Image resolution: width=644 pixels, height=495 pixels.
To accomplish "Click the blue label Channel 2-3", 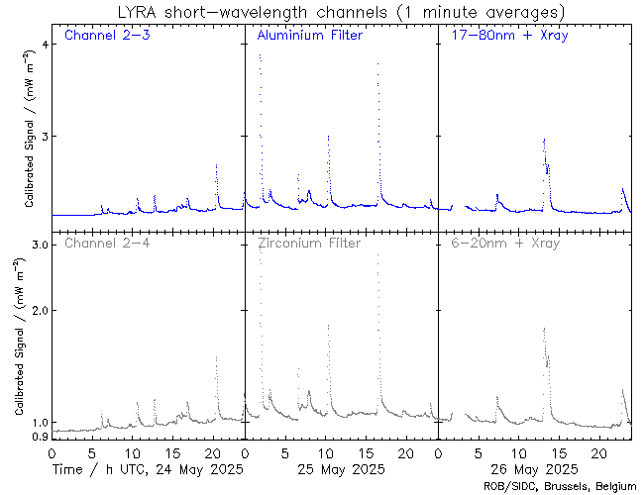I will tap(106, 37).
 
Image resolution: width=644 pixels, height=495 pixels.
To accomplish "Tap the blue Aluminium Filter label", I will tap(309, 37).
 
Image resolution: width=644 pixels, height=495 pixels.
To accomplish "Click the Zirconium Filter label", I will tap(309, 243).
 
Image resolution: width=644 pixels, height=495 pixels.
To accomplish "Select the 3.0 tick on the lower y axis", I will tap(40, 244).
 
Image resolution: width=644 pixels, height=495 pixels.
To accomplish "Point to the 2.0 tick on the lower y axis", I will tap(40, 310).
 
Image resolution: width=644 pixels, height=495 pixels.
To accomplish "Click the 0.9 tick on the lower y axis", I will tap(40, 437).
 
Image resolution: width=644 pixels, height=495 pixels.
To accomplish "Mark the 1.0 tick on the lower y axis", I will tap(40, 422).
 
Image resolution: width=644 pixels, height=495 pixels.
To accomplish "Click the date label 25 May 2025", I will tap(342, 468).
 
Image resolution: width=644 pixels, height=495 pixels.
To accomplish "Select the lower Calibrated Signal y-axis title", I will tap(17, 342).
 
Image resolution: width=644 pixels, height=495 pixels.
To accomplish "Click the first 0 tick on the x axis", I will tap(52, 451).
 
